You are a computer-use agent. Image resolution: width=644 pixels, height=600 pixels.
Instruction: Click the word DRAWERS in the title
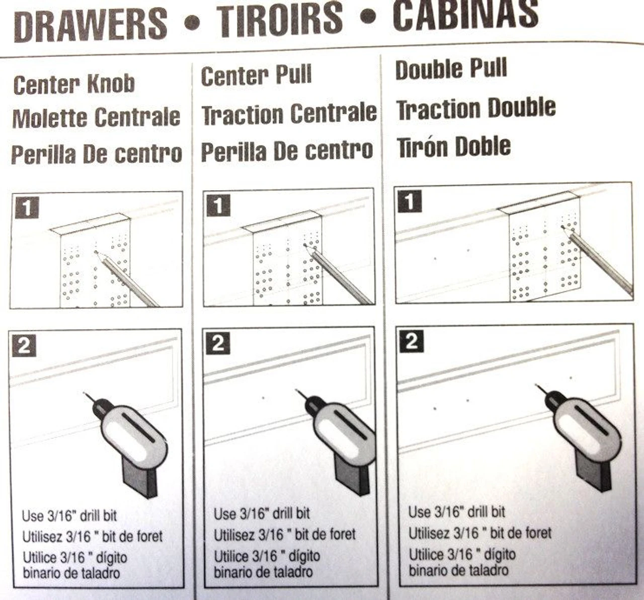(x=91, y=24)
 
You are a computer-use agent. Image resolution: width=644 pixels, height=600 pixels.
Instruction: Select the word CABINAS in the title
(x=465, y=14)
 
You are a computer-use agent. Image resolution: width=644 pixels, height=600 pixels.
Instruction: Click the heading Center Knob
(x=74, y=85)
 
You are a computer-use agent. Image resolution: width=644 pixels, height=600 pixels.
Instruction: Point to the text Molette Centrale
(x=96, y=118)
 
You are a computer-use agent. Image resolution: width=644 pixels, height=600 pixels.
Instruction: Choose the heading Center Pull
(x=256, y=76)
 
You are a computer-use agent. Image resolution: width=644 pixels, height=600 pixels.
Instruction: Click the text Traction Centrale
(x=289, y=113)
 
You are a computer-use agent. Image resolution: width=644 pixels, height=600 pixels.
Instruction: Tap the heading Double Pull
(x=451, y=69)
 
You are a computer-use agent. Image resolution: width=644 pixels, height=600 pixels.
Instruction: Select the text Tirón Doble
(x=454, y=147)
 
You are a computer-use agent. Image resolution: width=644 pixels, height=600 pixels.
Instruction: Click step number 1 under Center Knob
(x=27, y=207)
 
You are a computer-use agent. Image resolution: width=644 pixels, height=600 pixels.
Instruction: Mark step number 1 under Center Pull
(x=218, y=205)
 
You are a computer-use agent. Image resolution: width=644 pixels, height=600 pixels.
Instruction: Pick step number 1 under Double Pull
(x=410, y=202)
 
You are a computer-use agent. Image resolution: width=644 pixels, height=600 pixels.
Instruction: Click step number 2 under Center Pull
(x=217, y=344)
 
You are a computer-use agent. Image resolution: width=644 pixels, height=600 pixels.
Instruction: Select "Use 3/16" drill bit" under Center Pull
(x=262, y=514)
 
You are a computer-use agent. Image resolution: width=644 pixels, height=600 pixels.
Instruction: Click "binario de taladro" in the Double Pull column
(x=458, y=570)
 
